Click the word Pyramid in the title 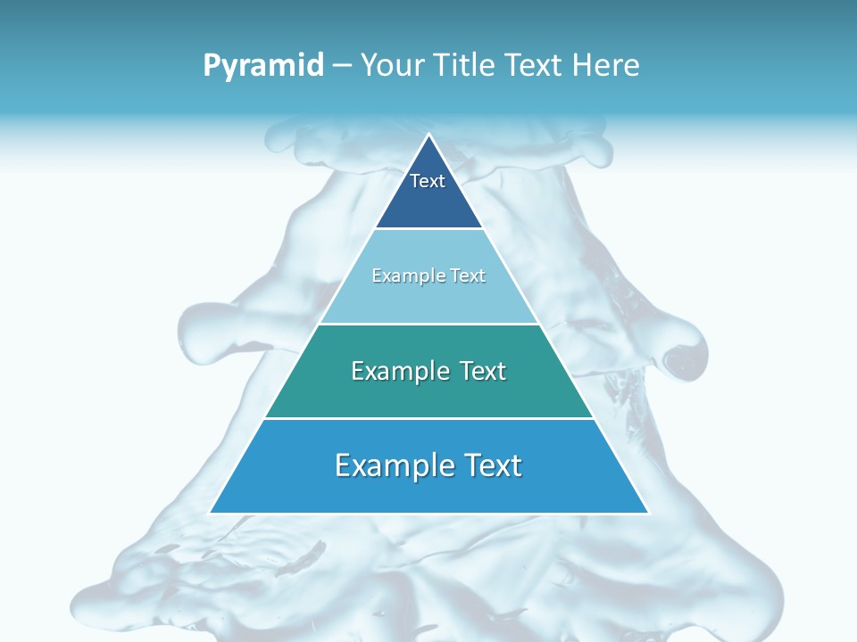click(x=262, y=66)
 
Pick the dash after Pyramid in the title click(x=341, y=66)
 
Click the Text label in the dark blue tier click(x=428, y=181)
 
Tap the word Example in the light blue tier click(x=400, y=276)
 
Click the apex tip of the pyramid click(x=428, y=136)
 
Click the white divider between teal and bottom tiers click(x=428, y=418)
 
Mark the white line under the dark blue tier click(x=428, y=228)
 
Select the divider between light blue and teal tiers click(x=428, y=324)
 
